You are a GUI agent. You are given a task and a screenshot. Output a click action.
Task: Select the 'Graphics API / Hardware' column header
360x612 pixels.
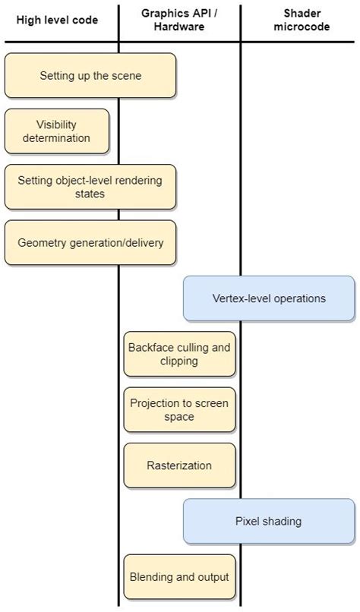click(179, 20)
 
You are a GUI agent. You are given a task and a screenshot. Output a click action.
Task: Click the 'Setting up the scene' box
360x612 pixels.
click(90, 76)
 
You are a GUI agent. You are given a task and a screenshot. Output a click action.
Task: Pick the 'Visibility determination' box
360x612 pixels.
click(57, 131)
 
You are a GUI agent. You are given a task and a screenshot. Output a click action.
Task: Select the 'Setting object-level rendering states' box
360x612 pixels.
click(90, 188)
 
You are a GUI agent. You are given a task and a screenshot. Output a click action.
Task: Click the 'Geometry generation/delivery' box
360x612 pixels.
click(90, 243)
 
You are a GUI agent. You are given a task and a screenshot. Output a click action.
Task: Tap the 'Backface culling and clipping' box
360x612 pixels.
click(179, 354)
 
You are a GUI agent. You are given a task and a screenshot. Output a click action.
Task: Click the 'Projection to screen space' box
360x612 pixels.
click(179, 410)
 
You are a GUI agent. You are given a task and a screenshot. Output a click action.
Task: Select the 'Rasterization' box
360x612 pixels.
click(179, 465)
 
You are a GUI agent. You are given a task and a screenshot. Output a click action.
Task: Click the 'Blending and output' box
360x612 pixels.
click(179, 577)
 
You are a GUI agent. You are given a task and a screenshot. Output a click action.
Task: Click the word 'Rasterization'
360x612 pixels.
click(179, 465)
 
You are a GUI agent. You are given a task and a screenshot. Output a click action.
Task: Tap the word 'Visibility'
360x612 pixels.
click(57, 125)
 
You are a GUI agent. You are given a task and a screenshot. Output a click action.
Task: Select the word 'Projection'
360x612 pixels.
click(154, 403)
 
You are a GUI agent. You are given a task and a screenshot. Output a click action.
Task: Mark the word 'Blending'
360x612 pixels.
click(150, 577)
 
